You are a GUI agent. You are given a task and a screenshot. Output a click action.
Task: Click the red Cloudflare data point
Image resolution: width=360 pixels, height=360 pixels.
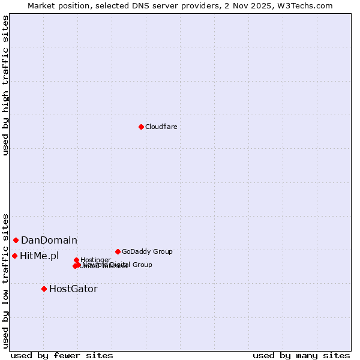tap(141, 127)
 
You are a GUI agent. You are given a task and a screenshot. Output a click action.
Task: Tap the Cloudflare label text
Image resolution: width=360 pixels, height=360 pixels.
tap(161, 127)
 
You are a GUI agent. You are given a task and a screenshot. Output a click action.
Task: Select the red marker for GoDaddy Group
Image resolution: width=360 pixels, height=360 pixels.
tap(118, 251)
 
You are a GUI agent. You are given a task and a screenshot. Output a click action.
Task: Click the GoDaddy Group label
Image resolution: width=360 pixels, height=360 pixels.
tap(147, 251)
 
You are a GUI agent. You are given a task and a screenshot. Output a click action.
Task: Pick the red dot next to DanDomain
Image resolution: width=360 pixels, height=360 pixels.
tap(16, 240)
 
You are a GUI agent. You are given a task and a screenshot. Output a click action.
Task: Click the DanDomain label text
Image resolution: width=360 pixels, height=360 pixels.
tap(49, 241)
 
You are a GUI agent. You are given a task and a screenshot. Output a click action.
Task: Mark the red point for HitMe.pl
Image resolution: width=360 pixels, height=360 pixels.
tap(14, 256)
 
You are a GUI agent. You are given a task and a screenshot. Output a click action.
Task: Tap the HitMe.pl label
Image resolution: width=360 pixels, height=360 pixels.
tap(40, 256)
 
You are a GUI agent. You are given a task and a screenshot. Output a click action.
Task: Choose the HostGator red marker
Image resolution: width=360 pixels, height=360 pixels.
tap(44, 289)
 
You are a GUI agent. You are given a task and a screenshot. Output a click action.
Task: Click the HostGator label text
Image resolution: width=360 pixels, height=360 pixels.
tap(73, 289)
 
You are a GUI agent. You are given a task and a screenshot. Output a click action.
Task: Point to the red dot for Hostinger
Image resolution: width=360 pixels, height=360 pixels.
tap(76, 260)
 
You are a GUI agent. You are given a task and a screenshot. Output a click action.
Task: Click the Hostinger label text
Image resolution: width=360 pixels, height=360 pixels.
tap(95, 260)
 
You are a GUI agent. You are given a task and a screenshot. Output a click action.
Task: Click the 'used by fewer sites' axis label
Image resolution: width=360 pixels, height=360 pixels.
tap(62, 355)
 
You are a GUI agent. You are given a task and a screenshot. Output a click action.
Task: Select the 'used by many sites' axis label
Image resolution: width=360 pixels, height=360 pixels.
tap(301, 355)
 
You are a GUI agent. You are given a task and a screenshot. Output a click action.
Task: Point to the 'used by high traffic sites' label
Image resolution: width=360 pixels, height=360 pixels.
tap(5, 85)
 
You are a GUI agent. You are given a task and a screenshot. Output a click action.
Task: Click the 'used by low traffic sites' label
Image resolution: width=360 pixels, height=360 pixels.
tap(5, 280)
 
